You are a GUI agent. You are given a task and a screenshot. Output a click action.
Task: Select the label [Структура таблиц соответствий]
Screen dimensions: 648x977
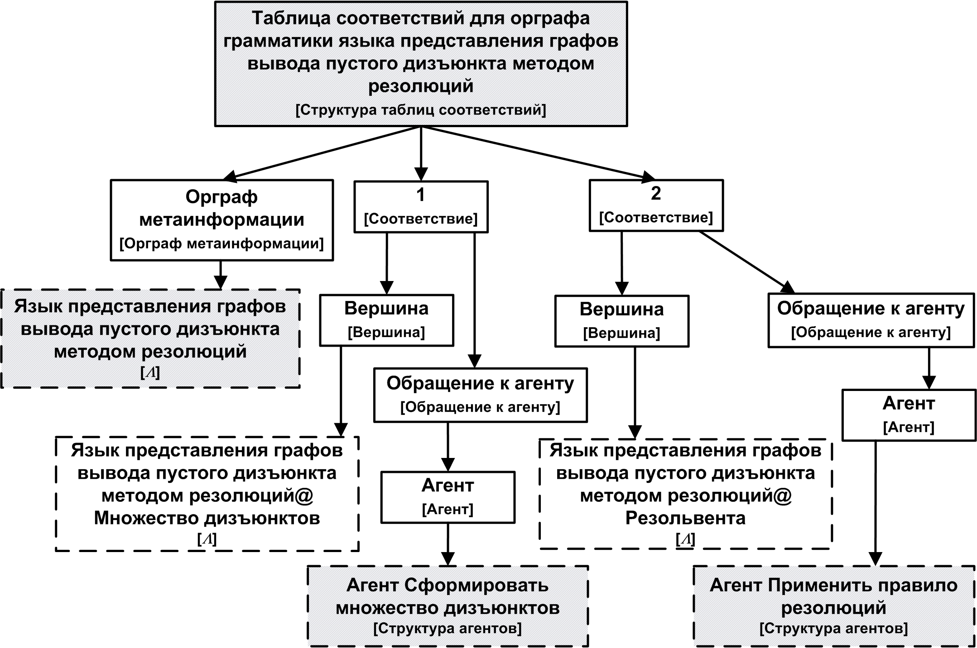421,110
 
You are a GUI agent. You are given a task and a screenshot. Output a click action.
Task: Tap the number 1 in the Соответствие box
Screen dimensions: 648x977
420,195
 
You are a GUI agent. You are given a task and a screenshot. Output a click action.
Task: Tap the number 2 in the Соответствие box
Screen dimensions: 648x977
655,193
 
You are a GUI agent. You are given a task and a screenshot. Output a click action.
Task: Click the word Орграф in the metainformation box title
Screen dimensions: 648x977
221,197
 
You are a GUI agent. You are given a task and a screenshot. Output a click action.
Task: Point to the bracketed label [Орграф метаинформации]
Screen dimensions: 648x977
221,244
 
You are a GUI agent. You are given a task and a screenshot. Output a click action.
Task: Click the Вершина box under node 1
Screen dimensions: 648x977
386,320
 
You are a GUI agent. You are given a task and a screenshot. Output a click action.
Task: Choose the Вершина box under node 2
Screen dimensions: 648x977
621,321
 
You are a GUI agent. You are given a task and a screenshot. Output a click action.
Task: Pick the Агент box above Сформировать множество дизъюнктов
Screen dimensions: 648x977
448,497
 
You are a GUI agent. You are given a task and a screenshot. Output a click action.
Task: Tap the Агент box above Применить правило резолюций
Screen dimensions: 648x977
909,415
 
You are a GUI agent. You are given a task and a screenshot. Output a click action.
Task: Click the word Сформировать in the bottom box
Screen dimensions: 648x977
476,586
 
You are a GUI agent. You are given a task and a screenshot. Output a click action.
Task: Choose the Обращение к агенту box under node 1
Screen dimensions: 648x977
480,395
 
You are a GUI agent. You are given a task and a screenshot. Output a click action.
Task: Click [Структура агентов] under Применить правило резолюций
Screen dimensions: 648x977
833,629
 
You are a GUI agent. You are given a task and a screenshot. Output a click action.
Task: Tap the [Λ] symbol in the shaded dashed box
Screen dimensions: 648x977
150,372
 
